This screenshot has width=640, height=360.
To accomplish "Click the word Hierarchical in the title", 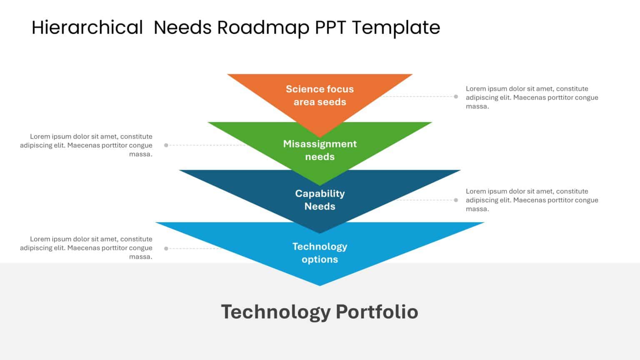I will click(87, 27).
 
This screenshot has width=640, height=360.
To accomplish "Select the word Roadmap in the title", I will click(263, 27).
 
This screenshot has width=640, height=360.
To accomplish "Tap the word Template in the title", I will click(396, 27).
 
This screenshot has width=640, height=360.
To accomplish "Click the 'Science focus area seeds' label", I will click(320, 95).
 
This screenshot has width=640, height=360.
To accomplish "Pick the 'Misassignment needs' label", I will click(320, 150).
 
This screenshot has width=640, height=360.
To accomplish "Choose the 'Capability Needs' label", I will click(320, 200).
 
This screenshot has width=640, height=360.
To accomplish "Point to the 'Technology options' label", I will click(320, 252).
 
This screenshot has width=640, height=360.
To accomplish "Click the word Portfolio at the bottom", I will click(377, 312).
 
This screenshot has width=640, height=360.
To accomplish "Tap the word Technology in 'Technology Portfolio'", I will click(275, 312).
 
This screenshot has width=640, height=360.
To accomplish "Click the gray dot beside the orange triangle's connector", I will click(456, 97).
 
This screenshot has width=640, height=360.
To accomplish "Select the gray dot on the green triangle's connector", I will click(166, 145).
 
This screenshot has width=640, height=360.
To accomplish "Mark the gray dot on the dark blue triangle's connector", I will click(456, 200).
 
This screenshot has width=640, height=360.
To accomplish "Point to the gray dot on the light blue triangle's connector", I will click(166, 248).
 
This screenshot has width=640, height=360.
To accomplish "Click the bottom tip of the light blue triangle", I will click(320, 285).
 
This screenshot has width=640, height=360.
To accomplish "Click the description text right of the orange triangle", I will click(532, 97).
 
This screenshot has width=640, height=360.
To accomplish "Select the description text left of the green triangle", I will click(86, 145).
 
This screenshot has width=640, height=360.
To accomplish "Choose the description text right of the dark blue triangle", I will click(532, 200).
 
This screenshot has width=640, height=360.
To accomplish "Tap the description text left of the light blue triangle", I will click(86, 248).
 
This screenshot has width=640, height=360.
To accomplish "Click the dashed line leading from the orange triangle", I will click(421, 97).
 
